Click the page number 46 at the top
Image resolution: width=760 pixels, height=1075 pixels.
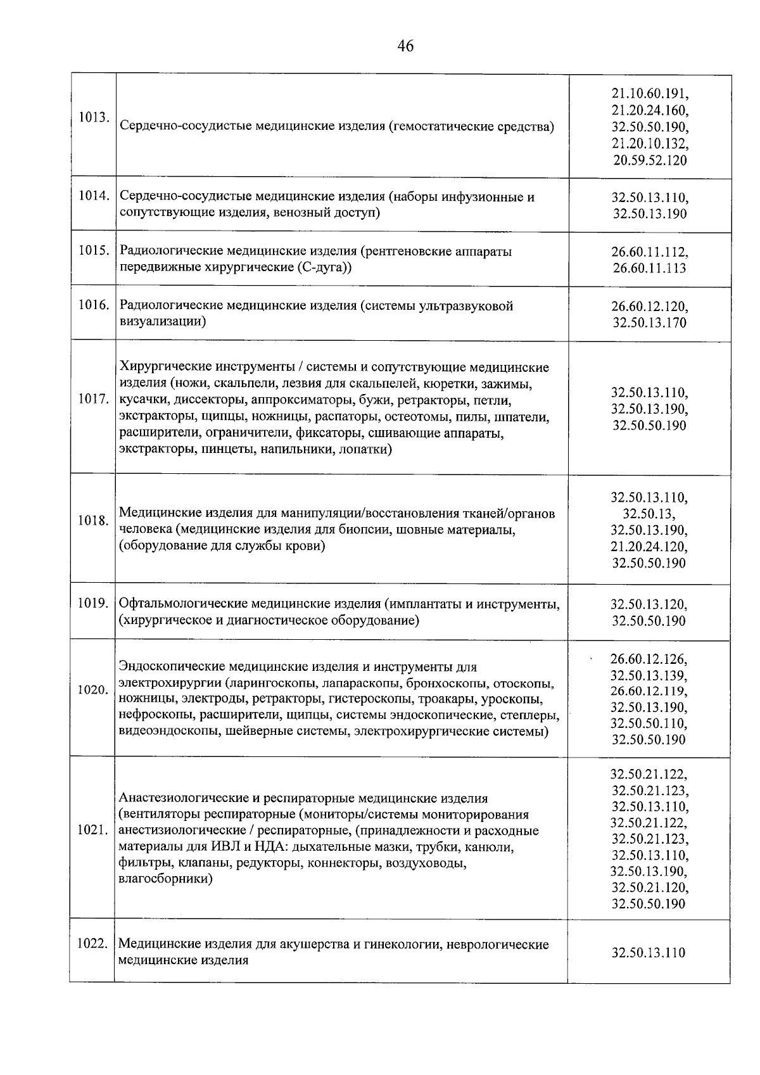point(405,46)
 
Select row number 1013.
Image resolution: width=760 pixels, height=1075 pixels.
point(93,118)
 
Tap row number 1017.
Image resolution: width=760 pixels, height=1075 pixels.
point(92,400)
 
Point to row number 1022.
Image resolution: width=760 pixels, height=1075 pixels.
point(92,944)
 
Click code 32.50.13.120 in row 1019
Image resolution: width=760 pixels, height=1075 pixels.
point(649,604)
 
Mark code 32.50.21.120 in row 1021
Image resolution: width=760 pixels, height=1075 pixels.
point(649,887)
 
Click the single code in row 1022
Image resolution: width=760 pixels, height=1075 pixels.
point(649,953)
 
